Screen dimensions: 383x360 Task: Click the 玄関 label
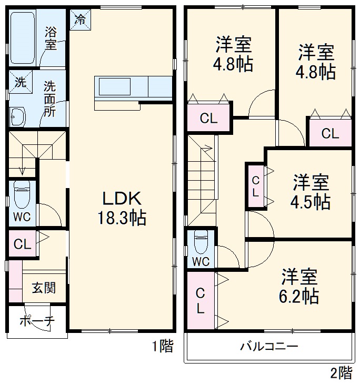click(43, 288)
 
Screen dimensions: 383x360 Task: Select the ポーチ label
click(37, 321)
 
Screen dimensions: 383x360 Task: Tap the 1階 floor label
click(162, 346)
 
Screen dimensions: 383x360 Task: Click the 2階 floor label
click(341, 373)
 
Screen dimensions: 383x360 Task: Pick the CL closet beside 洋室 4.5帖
click(255, 185)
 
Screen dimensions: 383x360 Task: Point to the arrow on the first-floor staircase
click(23, 170)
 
